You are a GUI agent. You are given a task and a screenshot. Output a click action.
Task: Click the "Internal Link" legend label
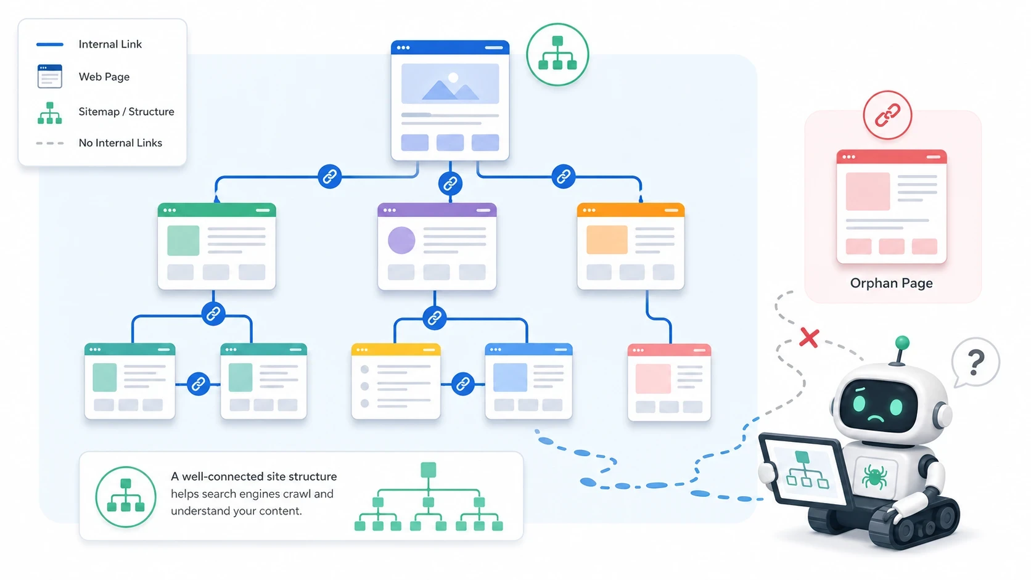pyautogui.click(x=110, y=44)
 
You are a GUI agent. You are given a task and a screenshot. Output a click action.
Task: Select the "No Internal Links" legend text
pyautogui.click(x=120, y=143)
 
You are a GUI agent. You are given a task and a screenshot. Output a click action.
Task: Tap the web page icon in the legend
pyautogui.click(x=50, y=76)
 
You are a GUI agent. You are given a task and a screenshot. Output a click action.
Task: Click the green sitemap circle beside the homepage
pyautogui.click(x=557, y=54)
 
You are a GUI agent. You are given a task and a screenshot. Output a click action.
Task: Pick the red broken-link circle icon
pyautogui.click(x=887, y=115)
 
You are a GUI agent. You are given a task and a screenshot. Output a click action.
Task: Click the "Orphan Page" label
pyautogui.click(x=891, y=283)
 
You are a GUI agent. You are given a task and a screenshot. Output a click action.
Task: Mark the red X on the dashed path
pyautogui.click(x=809, y=338)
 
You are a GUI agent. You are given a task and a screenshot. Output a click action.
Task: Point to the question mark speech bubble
pyautogui.click(x=976, y=362)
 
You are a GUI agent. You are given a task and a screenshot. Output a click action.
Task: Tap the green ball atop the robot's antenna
pyautogui.click(x=902, y=342)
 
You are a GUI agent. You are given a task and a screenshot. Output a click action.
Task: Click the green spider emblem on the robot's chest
pyautogui.click(x=874, y=476)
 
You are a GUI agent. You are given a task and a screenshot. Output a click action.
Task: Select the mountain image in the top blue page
pyautogui.click(x=450, y=84)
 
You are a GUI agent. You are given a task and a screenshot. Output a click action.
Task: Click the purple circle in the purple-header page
pyautogui.click(x=401, y=240)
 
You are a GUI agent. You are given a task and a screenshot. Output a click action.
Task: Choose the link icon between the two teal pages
pyautogui.click(x=198, y=384)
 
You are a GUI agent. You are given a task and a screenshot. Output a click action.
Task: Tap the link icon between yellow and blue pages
pyautogui.click(x=462, y=384)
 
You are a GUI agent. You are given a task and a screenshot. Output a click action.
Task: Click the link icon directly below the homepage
pyautogui.click(x=450, y=183)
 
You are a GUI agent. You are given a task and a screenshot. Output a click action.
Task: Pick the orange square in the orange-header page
pyautogui.click(x=607, y=240)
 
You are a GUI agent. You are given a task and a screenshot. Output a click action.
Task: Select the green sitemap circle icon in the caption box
pyautogui.click(x=126, y=497)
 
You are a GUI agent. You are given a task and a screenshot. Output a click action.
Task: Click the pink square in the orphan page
pyautogui.click(x=868, y=192)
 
